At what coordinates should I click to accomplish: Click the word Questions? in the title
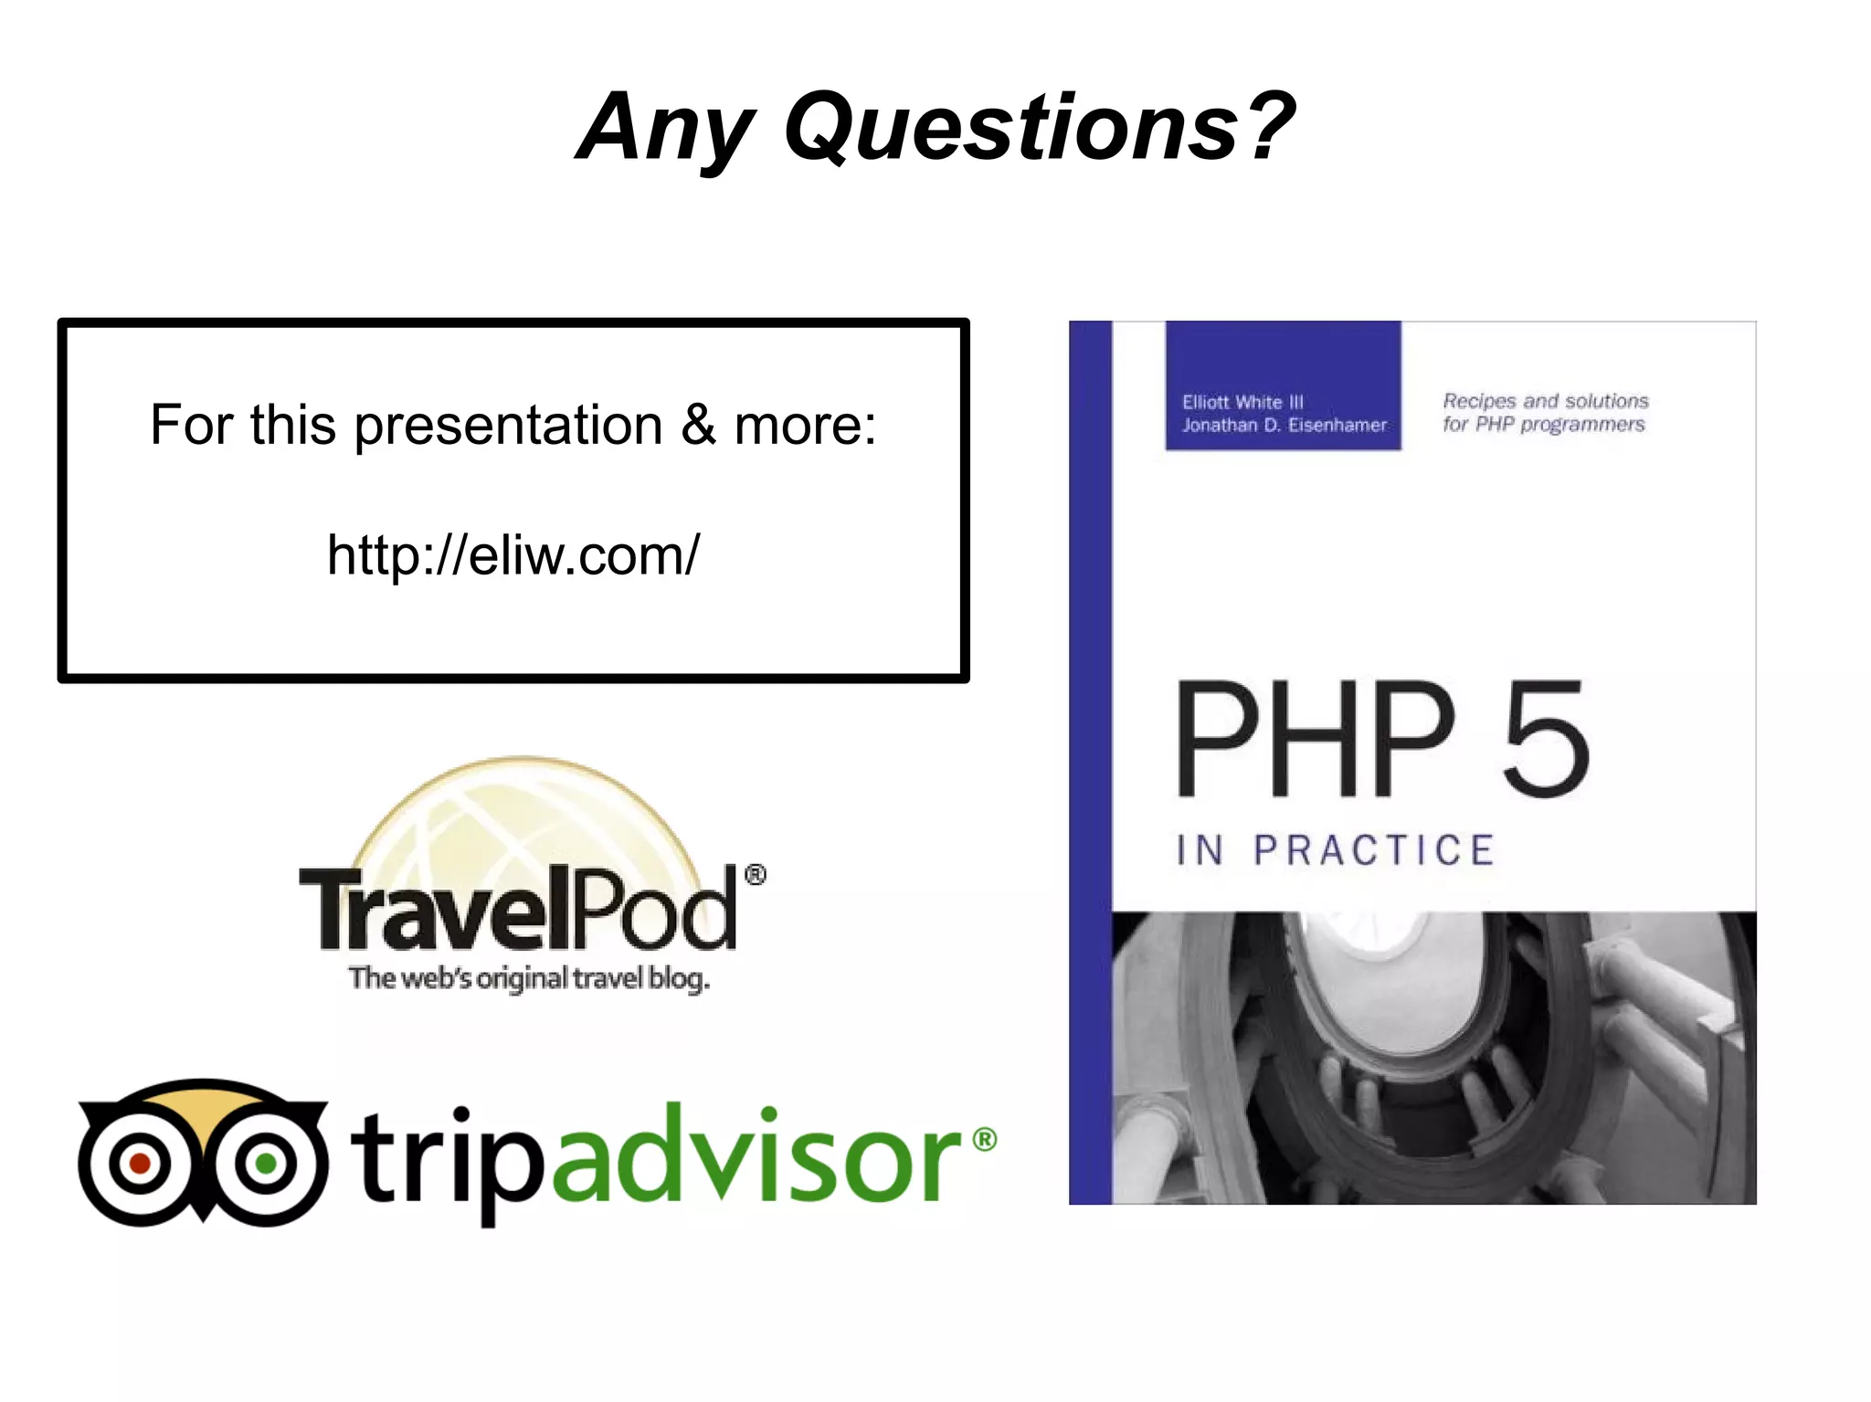coord(1040,128)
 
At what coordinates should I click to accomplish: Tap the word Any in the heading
coord(667,128)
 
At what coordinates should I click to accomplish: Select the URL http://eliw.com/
coord(513,554)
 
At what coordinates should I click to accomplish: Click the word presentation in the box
coord(508,426)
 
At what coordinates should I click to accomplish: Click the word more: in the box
coord(805,426)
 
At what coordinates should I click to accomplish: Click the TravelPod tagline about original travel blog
coord(529,978)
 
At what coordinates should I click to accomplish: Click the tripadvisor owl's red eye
coord(140,1163)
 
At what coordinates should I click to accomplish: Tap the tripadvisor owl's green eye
coord(266,1163)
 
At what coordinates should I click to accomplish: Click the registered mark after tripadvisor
coord(984,1139)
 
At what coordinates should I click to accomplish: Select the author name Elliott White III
coord(1242,402)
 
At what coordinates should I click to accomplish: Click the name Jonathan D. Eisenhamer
coord(1284,425)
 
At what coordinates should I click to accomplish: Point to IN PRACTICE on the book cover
coord(1335,850)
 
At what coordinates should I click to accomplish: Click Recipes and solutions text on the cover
coord(1546,401)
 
